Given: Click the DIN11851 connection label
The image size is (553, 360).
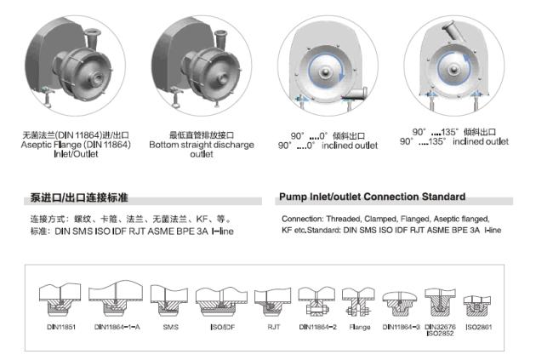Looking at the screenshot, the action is tap(61, 327).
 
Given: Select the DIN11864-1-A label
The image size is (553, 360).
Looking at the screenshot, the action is tap(117, 327).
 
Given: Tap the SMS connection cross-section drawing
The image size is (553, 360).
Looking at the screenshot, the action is tap(169, 300).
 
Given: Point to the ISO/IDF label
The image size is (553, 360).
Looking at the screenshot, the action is tap(222, 327).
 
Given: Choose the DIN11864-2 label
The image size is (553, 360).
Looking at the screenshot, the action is tap(318, 327).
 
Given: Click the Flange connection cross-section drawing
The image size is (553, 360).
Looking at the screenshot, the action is tap(358, 302).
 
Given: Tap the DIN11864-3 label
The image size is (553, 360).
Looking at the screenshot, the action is tap(402, 327).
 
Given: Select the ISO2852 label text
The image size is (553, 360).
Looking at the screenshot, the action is tap(440, 334).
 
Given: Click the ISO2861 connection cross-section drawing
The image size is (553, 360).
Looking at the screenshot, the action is tap(476, 306).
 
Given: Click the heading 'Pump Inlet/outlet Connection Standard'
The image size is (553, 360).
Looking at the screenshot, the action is tap(372, 197).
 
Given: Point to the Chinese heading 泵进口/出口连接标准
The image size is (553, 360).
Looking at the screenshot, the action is tap(79, 197).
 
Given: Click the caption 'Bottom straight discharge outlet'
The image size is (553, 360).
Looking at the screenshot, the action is tap(202, 149).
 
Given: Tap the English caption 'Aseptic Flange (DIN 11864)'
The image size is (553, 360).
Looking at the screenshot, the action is tap(76, 145).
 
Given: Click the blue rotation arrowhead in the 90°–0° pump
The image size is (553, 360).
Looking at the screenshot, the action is tap(341, 76).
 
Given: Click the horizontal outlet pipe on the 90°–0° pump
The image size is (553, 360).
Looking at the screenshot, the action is tap(355, 94).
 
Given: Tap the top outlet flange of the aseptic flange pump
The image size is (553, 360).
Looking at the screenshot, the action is tap(93, 33).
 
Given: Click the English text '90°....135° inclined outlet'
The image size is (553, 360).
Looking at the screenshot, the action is tap(454, 141).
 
